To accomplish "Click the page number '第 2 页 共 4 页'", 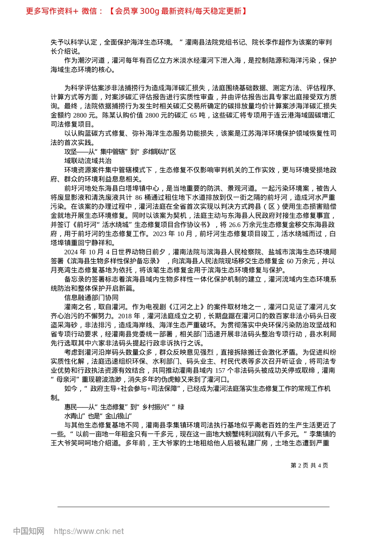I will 309,465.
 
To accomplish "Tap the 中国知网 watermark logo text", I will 29,531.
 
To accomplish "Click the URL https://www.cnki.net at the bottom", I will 89,531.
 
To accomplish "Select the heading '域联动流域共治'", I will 88,161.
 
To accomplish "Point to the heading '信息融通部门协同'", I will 91,298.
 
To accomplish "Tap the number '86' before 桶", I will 139,197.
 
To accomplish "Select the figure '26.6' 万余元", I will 235,225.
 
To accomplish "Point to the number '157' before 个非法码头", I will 220,370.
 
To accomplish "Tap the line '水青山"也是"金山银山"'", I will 98,416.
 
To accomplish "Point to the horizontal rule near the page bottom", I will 193,507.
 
